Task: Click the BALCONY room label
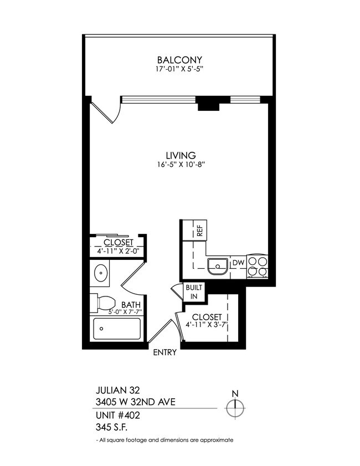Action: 179,60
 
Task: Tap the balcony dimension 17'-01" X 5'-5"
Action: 179,70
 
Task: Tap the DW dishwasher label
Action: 238,263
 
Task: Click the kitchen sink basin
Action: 218,267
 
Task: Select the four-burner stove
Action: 257,266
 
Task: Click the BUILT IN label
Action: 194,291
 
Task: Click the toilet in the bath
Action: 103,303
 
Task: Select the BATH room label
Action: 131,305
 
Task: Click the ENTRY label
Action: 164,352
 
